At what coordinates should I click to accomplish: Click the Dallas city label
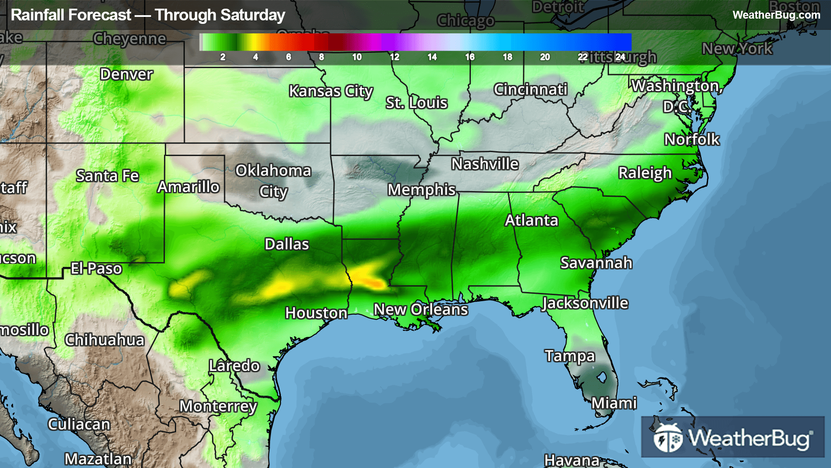(x=287, y=244)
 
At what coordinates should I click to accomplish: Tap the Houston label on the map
(x=316, y=312)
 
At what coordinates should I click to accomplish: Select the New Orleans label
(x=421, y=309)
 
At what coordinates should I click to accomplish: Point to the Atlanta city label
(x=531, y=220)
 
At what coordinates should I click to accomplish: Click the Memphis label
(x=422, y=189)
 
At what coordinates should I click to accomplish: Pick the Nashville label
(x=485, y=164)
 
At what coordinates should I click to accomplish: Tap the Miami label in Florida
(x=614, y=403)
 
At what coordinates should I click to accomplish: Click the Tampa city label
(x=570, y=356)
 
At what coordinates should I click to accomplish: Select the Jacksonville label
(x=585, y=303)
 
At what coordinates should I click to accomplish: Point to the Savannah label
(x=596, y=263)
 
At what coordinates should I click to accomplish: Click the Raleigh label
(x=645, y=172)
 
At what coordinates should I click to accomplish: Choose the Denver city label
(x=126, y=74)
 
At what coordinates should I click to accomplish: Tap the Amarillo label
(x=188, y=187)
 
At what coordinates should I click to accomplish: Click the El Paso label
(x=96, y=268)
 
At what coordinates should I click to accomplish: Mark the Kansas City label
(x=331, y=91)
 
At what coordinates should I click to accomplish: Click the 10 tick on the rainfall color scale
(x=357, y=57)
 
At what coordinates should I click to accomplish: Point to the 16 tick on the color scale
(x=470, y=57)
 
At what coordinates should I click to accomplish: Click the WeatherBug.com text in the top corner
(x=776, y=15)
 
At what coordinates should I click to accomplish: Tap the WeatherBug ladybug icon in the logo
(x=667, y=438)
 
